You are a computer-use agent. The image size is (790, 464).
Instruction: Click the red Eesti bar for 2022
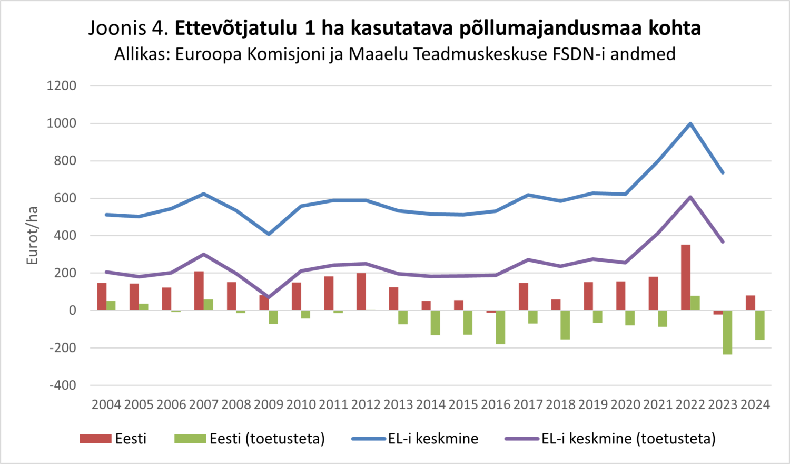685,277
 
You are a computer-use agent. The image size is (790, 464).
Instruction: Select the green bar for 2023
727,332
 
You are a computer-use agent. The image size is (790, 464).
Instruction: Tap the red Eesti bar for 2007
199,291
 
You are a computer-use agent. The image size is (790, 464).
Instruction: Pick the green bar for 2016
500,327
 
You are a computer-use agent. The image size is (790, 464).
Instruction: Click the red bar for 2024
750,303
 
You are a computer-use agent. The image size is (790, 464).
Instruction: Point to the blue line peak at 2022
690,124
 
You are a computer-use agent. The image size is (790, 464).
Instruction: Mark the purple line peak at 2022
690,197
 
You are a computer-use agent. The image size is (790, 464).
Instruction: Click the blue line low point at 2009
269,234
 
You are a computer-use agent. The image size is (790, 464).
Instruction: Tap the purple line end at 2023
723,241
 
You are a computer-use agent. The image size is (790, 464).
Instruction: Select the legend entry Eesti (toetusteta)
266,439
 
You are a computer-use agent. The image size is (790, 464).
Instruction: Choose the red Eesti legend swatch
95,439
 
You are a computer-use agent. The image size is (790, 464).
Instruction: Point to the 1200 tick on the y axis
62,85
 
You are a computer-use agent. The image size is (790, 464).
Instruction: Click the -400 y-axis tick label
63,385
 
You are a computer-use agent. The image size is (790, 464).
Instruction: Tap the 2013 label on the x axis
398,405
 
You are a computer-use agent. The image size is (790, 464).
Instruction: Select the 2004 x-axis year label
106,405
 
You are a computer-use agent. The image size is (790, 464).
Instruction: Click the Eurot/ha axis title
33,235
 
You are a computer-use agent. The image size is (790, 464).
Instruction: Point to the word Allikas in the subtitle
139,54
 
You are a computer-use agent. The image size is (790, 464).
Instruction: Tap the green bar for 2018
565,325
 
